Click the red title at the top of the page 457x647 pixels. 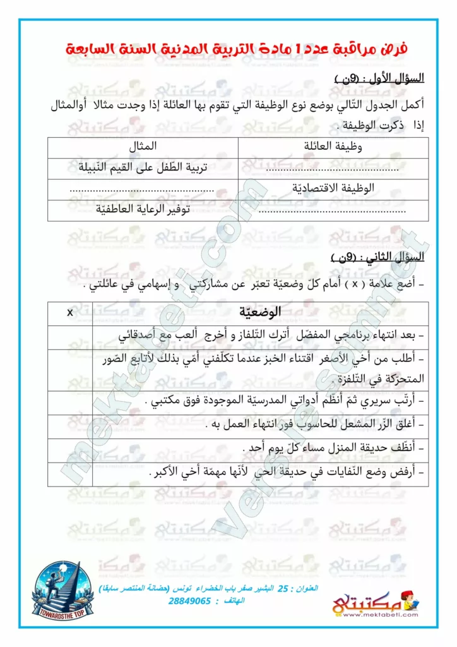(237, 48)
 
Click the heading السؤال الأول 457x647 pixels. (378, 79)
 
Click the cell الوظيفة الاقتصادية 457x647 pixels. (334, 188)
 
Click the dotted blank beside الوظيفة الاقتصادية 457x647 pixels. (142, 189)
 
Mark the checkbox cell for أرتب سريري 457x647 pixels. (69, 401)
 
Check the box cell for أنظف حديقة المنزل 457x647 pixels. (69, 447)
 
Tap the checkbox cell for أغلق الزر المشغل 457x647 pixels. (69, 425)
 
